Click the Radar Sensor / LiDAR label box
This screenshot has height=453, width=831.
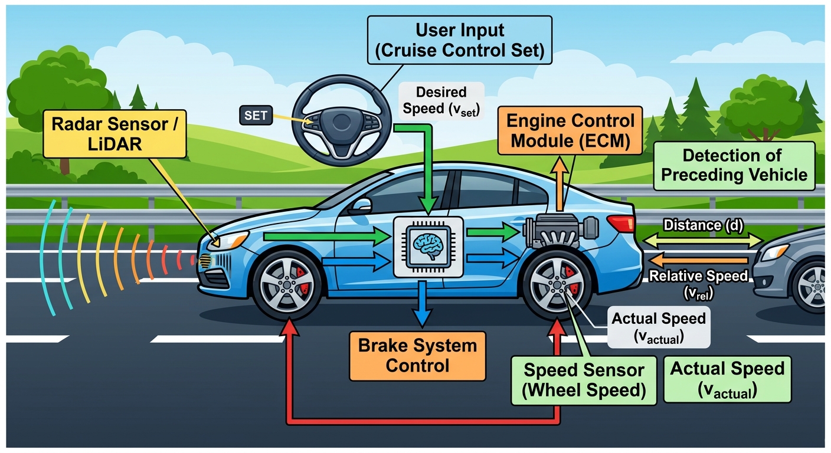coord(114,134)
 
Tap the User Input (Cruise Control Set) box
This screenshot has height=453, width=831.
coord(460,41)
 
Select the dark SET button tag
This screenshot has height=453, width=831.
coord(256,115)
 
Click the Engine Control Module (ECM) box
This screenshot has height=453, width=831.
coord(570,131)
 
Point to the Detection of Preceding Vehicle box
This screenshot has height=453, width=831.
coord(734,166)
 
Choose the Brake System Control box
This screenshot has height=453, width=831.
coord(417,356)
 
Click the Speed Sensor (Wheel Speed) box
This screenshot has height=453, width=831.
coord(584,380)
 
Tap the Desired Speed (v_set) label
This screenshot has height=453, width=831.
coord(441,101)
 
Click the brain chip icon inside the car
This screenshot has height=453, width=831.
coord(428,247)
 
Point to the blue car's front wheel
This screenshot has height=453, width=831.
coord(287,285)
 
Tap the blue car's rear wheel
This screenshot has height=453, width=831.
coord(557,285)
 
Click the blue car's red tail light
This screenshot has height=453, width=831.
coord(621,224)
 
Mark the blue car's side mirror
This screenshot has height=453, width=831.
coord(361,206)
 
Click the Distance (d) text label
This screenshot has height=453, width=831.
coord(703,225)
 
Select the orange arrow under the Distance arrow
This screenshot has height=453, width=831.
coord(699,260)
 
